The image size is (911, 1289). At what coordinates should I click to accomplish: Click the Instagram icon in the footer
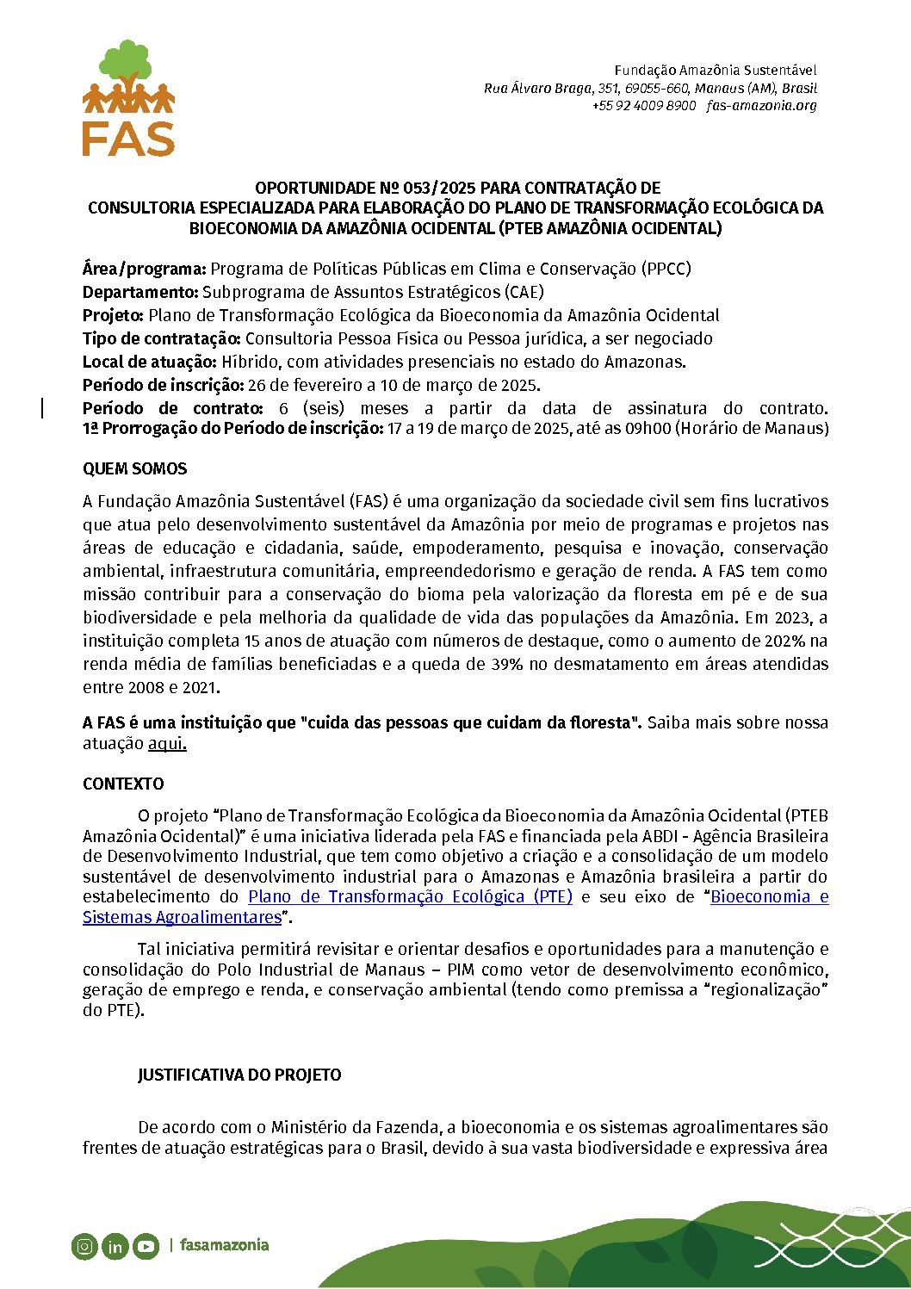pyautogui.click(x=84, y=1246)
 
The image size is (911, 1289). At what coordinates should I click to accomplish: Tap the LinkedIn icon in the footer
pyautogui.click(x=115, y=1246)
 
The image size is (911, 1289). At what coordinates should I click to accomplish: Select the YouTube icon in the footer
pyautogui.click(x=146, y=1246)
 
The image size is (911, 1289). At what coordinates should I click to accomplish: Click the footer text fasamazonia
pyautogui.click(x=224, y=1245)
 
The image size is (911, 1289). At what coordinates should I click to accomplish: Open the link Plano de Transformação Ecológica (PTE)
pyautogui.click(x=410, y=896)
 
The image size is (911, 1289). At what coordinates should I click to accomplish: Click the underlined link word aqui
pyautogui.click(x=167, y=743)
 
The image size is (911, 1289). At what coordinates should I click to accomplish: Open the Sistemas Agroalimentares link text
pyautogui.click(x=183, y=917)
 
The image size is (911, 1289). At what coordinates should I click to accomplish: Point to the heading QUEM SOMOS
pyautogui.click(x=134, y=469)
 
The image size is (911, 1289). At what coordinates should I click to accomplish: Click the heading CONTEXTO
pyautogui.click(x=123, y=784)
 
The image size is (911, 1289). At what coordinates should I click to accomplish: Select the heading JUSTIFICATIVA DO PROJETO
pyautogui.click(x=239, y=1075)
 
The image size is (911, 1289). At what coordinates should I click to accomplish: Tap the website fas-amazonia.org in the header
pyautogui.click(x=761, y=105)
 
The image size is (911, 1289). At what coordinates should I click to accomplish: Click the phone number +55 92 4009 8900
pyautogui.click(x=643, y=105)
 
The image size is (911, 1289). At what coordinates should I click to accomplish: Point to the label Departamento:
pyautogui.click(x=140, y=292)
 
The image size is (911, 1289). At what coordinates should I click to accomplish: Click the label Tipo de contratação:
pyautogui.click(x=162, y=338)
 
